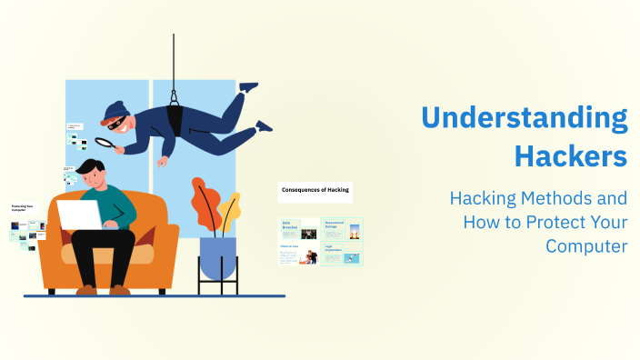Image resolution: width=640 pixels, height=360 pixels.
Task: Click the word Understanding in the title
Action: [525, 119]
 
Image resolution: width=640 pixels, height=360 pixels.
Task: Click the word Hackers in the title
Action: [570, 155]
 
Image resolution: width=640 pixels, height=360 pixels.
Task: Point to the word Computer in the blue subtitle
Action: [585, 245]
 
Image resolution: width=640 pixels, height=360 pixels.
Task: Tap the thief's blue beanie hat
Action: [115, 113]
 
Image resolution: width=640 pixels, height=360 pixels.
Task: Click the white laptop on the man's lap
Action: [80, 215]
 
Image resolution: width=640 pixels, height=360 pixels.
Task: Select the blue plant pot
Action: [217, 257]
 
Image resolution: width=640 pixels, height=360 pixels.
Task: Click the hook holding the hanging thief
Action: [174, 95]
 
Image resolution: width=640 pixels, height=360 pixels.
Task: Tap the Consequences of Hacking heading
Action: [315, 191]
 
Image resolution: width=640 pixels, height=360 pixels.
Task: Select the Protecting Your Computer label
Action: [23, 208]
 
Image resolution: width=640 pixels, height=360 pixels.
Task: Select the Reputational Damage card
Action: [342, 229]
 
